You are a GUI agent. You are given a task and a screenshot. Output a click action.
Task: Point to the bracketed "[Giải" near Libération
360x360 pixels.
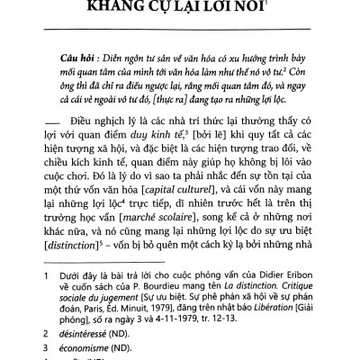pos(328,324)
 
